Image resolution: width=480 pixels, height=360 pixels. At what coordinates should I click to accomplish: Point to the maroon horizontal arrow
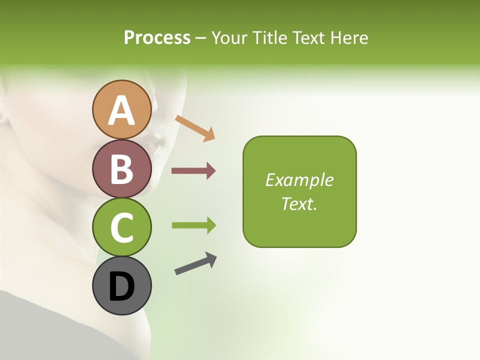[x=193, y=171]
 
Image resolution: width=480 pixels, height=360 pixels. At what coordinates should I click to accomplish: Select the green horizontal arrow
[x=193, y=225]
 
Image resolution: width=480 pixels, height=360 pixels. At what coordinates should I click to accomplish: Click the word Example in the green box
[x=299, y=180]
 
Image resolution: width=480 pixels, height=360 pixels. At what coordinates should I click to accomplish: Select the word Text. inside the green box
[x=299, y=204]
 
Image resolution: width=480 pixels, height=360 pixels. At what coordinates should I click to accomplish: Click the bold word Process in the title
[x=157, y=37]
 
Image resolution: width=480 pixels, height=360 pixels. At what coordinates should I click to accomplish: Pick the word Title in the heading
[x=270, y=37]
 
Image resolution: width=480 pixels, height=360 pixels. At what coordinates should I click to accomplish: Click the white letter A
[x=122, y=110]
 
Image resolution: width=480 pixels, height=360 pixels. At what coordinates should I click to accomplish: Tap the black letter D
[x=122, y=287]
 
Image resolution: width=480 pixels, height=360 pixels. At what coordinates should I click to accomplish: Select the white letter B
[x=122, y=169]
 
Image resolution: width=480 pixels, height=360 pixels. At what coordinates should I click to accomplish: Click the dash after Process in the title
[x=201, y=38]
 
